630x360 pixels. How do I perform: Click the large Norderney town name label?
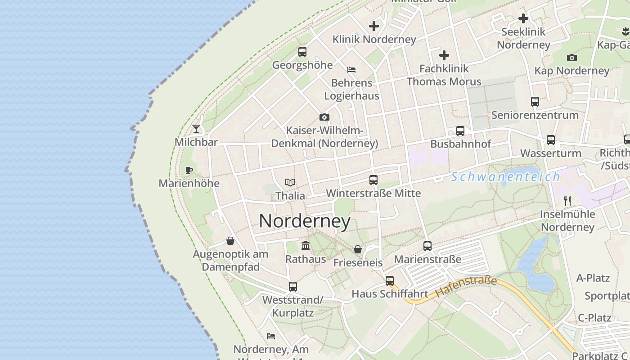305,221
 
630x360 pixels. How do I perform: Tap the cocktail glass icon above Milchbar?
196,129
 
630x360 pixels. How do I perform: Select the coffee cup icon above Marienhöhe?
189,170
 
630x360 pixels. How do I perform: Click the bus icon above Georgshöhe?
302,52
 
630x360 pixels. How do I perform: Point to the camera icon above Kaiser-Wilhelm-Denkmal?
324,117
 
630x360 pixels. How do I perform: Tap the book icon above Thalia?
290,182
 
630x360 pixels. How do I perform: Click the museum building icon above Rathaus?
306,245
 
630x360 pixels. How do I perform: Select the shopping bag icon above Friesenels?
358,249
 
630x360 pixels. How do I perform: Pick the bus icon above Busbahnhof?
460,131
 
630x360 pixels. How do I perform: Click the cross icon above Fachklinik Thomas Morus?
444,55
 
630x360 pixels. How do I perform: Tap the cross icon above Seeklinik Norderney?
523,18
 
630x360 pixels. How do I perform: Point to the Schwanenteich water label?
505,176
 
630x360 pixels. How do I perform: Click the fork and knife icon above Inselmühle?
567,201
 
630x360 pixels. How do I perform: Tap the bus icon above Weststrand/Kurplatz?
292,287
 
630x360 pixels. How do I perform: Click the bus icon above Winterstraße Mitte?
373,180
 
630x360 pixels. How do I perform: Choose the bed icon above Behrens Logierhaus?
351,69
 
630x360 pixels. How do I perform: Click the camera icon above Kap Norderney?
571,58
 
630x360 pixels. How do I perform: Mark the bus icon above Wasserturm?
550,140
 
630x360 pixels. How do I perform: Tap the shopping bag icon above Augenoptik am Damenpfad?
230,241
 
